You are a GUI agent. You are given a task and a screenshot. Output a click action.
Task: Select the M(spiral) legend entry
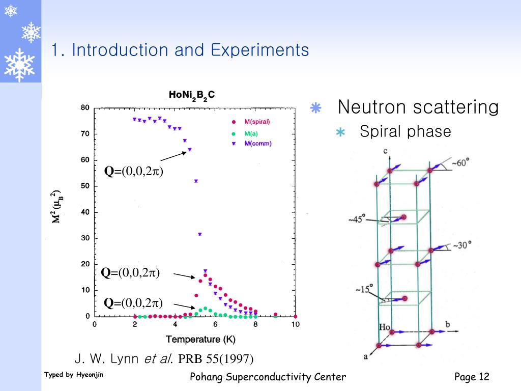tap(256, 122)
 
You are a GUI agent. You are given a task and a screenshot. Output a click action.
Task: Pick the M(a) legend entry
tap(251, 133)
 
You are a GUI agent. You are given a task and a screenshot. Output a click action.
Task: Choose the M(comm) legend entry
tap(257, 144)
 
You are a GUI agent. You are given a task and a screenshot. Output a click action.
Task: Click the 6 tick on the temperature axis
tap(215, 325)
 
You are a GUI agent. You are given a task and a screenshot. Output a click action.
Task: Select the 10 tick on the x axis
tap(295, 325)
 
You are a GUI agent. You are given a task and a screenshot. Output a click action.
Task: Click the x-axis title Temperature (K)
tap(200, 340)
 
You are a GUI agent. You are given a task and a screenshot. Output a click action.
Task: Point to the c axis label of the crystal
tap(386, 151)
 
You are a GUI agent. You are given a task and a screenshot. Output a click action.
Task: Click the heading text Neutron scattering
tap(418, 107)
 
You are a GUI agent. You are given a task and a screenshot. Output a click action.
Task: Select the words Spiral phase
tap(405, 131)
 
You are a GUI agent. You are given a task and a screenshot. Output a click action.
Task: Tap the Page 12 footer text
tap(471, 377)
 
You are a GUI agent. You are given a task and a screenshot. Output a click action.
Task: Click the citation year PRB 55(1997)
tap(216, 359)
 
